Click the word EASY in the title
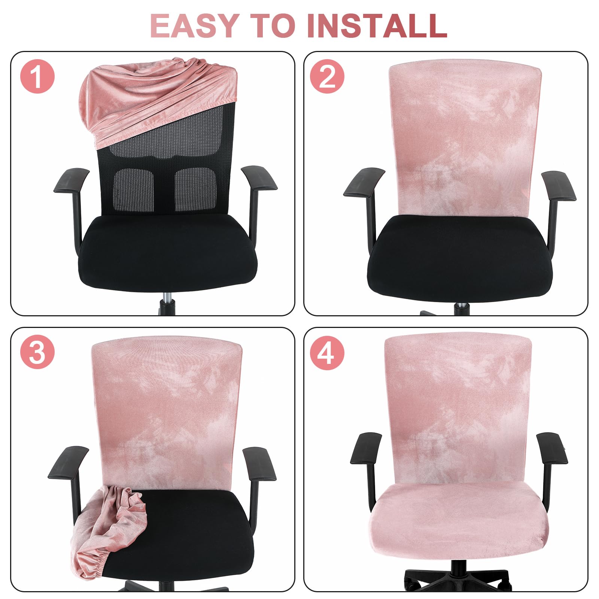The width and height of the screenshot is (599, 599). (x=194, y=25)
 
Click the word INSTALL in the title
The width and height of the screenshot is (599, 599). (x=377, y=25)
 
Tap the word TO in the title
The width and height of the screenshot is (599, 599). (x=273, y=25)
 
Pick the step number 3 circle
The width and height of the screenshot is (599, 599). (x=37, y=352)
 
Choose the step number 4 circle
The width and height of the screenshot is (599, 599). (x=327, y=352)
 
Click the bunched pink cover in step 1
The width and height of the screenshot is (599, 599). (x=150, y=97)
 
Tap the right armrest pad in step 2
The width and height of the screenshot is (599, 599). (x=558, y=186)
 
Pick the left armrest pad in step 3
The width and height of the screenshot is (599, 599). (x=68, y=463)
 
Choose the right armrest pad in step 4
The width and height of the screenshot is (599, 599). (x=552, y=448)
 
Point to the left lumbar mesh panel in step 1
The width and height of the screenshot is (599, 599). (x=133, y=191)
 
